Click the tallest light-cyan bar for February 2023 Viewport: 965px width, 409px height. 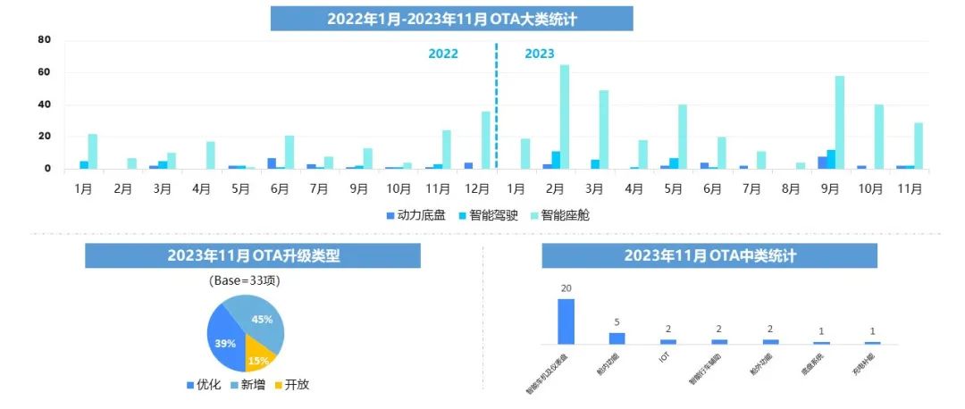tap(565, 117)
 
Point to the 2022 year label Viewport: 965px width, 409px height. tap(443, 54)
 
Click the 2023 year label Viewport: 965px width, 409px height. tap(540, 54)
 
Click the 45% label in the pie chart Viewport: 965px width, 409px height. tap(262, 320)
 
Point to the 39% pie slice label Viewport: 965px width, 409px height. tap(224, 343)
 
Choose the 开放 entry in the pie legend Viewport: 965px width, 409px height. tap(293, 385)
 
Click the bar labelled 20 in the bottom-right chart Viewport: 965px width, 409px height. tap(566, 321)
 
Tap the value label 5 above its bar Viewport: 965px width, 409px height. tap(617, 322)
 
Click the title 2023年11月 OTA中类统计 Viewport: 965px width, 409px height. tap(709, 255)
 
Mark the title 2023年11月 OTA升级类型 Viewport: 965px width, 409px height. tap(253, 255)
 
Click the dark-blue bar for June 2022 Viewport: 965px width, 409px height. tap(272, 163)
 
